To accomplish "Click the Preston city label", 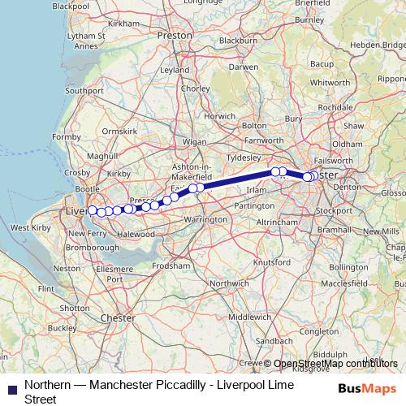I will point(175,37).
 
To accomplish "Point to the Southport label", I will point(84,91).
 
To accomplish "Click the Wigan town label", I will point(195,141).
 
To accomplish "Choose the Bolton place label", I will point(253,126).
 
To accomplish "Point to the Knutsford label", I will point(273,262).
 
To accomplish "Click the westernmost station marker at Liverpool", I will point(93,210).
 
